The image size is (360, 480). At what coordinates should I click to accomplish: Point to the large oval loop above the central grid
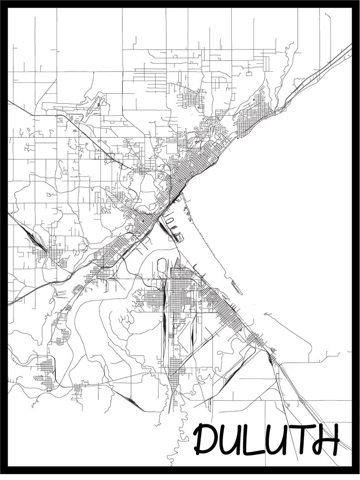(x=162, y=267)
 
